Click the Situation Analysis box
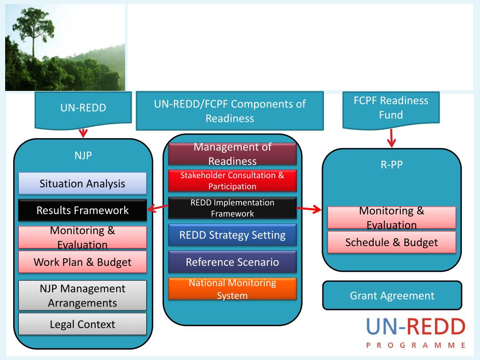tap(82, 183)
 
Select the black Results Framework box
tap(82, 210)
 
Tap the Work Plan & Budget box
tap(82, 262)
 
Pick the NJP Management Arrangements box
tap(82, 295)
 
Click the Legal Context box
tap(82, 324)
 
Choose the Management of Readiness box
tap(232, 154)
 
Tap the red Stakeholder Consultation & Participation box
tap(232, 180)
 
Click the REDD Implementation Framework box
tap(232, 208)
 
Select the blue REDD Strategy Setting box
tap(232, 235)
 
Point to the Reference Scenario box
tap(232, 262)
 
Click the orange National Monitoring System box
tap(232, 289)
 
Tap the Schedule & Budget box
tap(391, 242)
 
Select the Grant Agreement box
tap(392, 296)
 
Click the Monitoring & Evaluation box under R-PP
tap(391, 217)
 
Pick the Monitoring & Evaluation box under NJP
tap(82, 237)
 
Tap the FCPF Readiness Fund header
tap(391, 108)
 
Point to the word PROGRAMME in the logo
tap(415, 345)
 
